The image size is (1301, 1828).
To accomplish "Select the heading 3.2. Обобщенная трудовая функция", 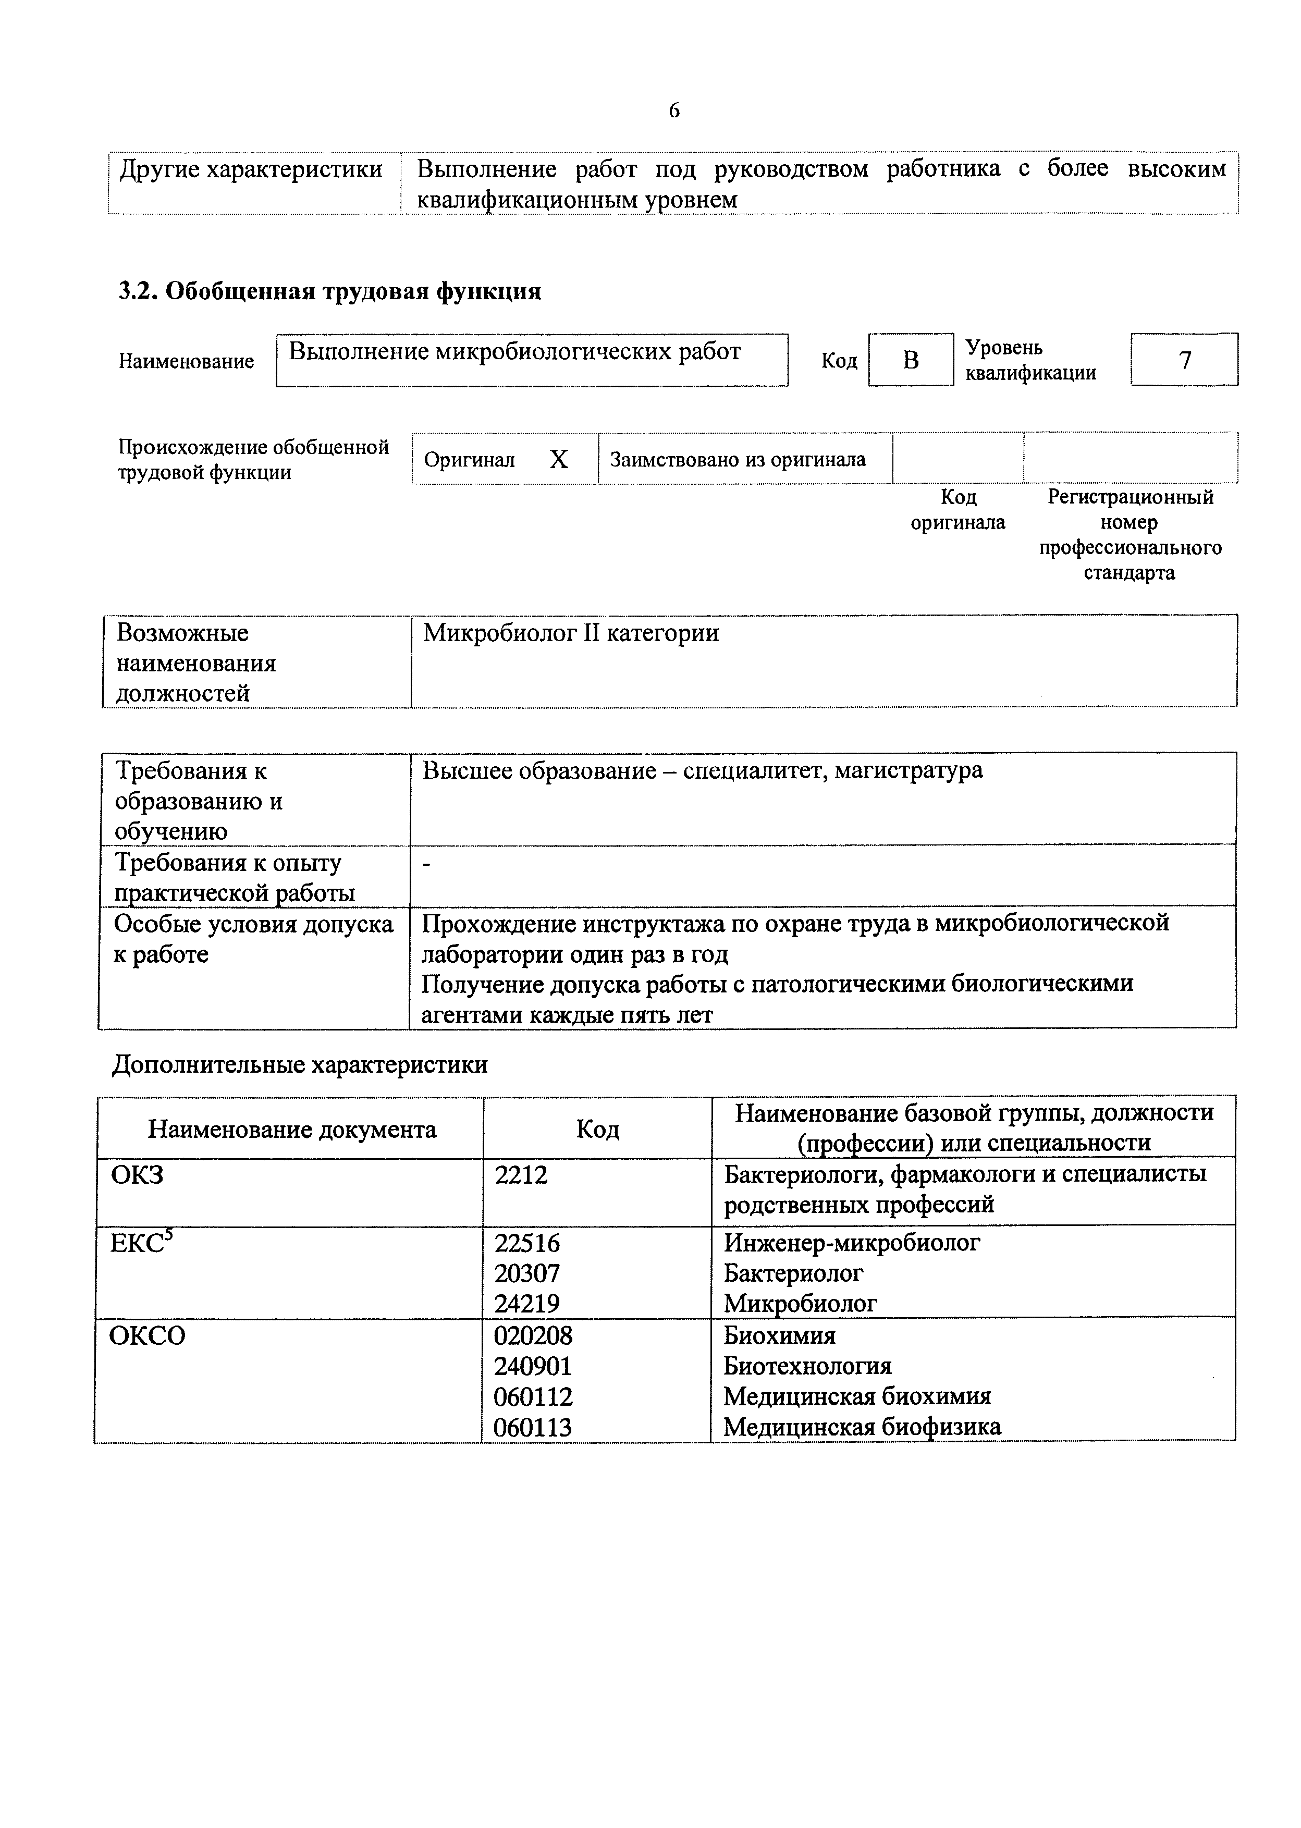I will pos(329,291).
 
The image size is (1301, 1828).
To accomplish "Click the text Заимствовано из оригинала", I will pos(738,460).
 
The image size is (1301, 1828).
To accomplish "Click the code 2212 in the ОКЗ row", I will pos(522,1175).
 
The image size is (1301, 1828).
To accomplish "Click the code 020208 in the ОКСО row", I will pos(534,1335).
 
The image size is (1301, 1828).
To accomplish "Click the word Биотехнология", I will pos(807,1366).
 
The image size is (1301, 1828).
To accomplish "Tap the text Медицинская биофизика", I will pos(862,1427).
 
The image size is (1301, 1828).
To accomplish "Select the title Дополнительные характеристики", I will pos(300,1064).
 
